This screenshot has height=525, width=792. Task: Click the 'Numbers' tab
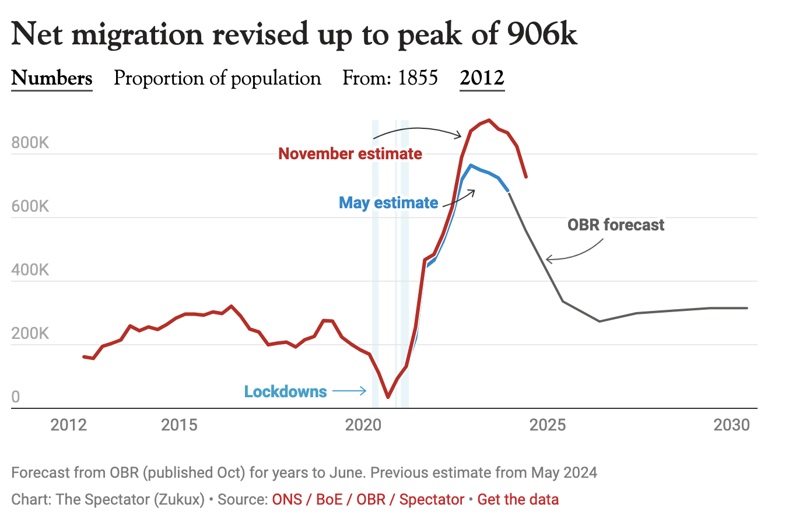click(52, 78)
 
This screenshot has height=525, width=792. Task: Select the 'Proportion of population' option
click(217, 78)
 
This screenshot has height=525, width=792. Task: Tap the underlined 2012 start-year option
click(482, 78)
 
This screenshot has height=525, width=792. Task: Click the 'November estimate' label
click(350, 154)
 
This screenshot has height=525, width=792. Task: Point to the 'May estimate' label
click(388, 203)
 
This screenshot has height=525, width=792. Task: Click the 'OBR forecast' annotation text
click(616, 225)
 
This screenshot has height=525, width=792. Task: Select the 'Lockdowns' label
click(285, 391)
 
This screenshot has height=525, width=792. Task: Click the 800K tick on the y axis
click(30, 143)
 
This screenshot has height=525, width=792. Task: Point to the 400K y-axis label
click(30, 270)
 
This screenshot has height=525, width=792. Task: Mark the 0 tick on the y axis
click(16, 397)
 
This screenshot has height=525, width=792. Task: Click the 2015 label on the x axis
click(179, 425)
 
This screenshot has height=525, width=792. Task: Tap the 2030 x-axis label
click(731, 425)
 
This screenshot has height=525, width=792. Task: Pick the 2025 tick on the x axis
click(547, 425)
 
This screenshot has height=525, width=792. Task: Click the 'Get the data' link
click(518, 500)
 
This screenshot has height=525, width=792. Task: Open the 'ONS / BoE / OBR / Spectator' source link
click(368, 500)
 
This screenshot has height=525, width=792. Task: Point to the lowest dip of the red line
click(388, 397)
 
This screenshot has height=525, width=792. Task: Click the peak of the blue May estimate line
click(471, 166)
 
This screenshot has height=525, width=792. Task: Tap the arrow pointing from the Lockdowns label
click(349, 391)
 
